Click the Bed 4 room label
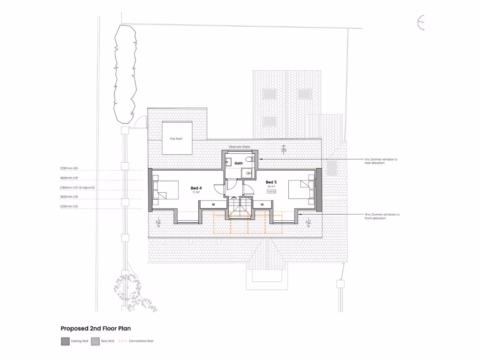196,188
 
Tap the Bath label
239,163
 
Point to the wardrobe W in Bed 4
213,204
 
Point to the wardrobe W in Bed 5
262,204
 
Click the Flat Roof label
176,139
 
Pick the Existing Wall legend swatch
65,341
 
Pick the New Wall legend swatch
95,341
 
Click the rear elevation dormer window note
381,161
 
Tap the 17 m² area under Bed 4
196,193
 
